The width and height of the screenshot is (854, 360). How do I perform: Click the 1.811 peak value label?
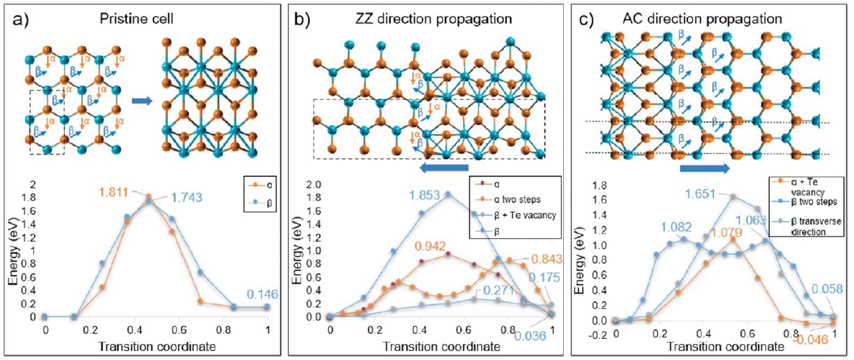pyautogui.click(x=113, y=192)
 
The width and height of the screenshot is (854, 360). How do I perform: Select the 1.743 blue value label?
pyautogui.click(x=187, y=197)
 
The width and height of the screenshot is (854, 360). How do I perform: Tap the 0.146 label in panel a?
pyautogui.click(x=262, y=294)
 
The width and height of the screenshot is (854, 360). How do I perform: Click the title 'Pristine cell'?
pyautogui.click(x=137, y=19)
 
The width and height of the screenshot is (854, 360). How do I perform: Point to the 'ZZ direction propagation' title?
pyautogui.click(x=434, y=19)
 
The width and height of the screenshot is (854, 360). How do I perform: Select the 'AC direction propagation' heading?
pyautogui.click(x=702, y=19)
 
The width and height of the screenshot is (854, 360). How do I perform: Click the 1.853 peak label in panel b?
pyautogui.click(x=424, y=195)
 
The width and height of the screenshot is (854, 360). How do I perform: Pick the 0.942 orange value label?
pyautogui.click(x=430, y=246)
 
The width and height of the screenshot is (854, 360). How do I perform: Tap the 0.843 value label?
pyautogui.click(x=547, y=259)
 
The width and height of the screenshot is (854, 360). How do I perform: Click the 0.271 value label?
pyautogui.click(x=499, y=290)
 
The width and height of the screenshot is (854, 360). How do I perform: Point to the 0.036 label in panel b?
pyautogui.click(x=530, y=336)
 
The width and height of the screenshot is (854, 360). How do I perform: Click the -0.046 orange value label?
pyautogui.click(x=810, y=339)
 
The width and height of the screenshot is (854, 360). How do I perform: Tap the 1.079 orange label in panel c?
pyautogui.click(x=727, y=232)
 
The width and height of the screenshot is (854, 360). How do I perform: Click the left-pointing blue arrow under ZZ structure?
pyautogui.click(x=444, y=168)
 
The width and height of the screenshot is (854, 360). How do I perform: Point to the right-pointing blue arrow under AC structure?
pyautogui.click(x=705, y=168)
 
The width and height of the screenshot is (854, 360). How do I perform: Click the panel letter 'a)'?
pyautogui.click(x=21, y=19)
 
